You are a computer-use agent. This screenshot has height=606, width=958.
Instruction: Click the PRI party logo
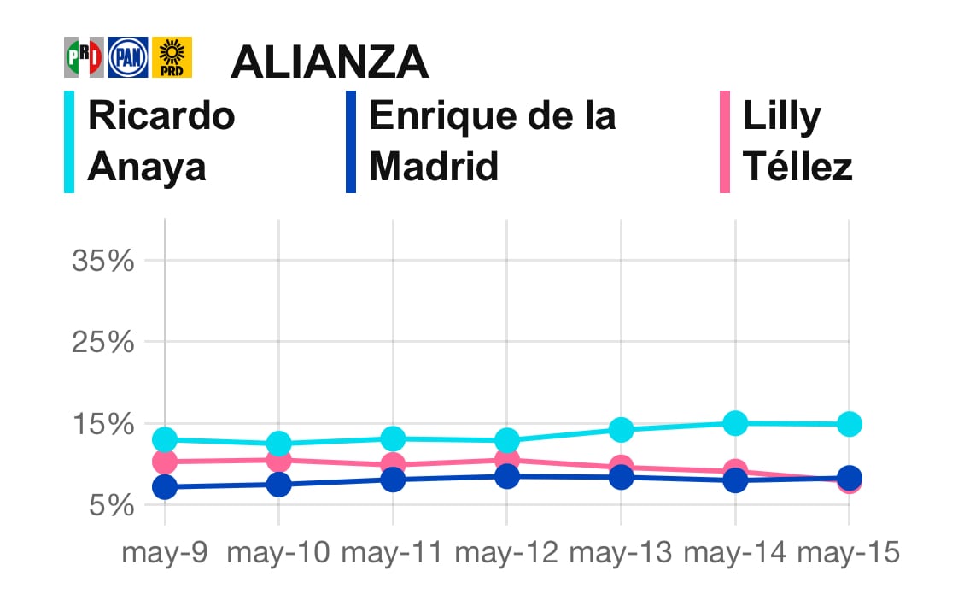pos(84,57)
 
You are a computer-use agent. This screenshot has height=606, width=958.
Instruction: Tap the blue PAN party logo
pos(128,57)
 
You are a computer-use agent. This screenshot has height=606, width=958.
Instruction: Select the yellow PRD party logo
pos(172,57)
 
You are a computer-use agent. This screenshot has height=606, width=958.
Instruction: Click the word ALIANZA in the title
pos(330,62)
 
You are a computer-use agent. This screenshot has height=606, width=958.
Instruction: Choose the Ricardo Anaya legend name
pos(161,141)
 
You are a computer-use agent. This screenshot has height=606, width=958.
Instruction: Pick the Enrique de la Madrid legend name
pos(492,141)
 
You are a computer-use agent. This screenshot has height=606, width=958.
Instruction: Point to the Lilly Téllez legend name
pos(797,141)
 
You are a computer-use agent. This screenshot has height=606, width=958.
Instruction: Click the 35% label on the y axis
pos(103,261)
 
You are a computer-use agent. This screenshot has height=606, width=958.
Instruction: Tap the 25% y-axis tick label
pos(103,343)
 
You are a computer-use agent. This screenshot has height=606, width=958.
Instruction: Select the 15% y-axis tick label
pos(103,424)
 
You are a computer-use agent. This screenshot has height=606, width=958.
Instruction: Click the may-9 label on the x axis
pos(165,553)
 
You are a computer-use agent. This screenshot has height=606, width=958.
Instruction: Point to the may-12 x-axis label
pos(506,553)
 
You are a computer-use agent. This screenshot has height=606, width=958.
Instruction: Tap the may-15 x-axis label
pos(848,553)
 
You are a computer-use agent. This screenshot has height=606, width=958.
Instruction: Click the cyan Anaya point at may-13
pos(621,429)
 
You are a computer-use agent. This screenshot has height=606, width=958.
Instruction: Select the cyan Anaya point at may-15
pos(849,423)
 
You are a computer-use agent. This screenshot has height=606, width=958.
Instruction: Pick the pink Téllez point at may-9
pos(165,462)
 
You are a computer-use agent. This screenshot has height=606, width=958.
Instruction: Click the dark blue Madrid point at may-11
pos(393,480)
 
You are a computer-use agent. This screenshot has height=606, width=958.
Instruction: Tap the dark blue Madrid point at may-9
pos(165,487)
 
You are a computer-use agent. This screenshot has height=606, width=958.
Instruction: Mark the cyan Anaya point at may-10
pos(279,444)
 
